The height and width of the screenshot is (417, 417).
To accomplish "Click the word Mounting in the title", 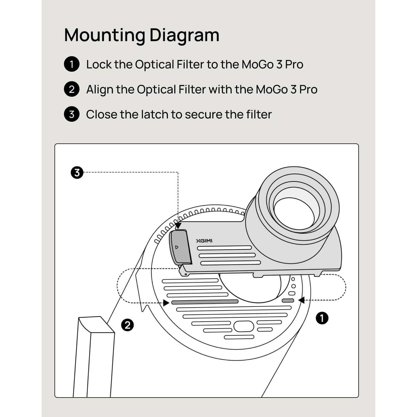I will (105, 36).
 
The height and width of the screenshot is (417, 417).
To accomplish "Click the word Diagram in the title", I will (184, 36).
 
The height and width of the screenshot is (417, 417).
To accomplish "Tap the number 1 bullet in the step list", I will (72, 64).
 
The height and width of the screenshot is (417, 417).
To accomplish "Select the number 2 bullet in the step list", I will (72, 89).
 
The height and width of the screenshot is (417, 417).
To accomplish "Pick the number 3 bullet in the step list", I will (72, 114).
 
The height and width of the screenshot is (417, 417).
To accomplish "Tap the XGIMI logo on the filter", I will (204, 241).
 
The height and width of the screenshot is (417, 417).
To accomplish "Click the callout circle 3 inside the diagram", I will (77, 173).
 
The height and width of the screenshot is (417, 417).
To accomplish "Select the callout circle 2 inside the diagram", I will (127, 325).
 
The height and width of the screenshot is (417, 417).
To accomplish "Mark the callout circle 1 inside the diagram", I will (322, 318).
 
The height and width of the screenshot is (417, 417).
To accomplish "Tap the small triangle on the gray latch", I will (177, 247).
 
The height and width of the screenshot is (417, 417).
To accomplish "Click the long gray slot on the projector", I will (205, 302).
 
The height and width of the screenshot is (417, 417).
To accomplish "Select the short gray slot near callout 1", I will (288, 301).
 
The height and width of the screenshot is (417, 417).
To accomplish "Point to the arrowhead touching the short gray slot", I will (301, 300).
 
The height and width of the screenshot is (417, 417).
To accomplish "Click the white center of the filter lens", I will (294, 214).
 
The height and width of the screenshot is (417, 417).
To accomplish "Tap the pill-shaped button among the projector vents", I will (244, 326).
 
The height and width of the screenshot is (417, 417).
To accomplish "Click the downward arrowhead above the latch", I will (178, 226).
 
